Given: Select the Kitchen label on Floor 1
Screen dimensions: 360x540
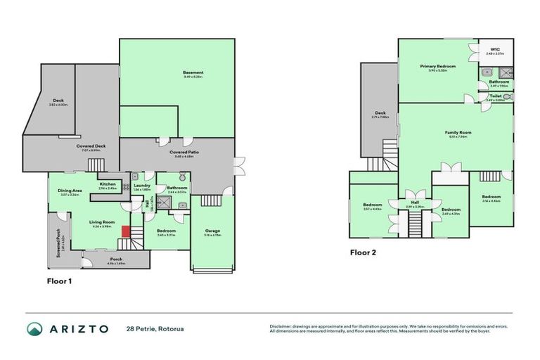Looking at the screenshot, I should (108, 184).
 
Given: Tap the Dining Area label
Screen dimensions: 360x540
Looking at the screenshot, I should (69, 191).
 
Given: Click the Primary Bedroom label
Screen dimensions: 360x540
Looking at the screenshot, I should (438, 66).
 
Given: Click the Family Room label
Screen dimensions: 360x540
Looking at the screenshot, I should (457, 132).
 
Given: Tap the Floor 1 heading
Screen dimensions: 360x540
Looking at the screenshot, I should (59, 281).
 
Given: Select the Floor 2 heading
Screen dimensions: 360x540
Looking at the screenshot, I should (364, 251).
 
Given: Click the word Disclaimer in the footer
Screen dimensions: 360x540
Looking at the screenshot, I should (281, 326).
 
